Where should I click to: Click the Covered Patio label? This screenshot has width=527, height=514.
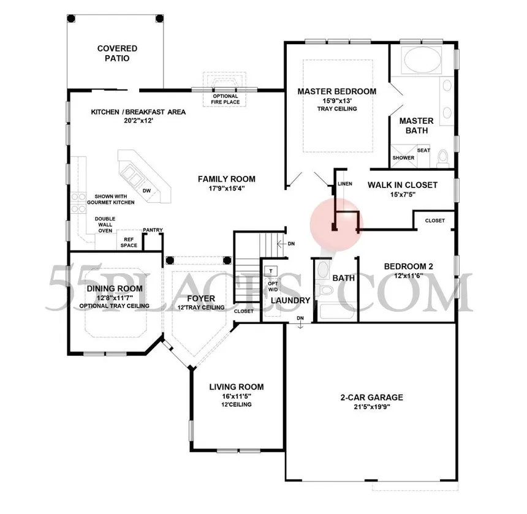pos(117,53)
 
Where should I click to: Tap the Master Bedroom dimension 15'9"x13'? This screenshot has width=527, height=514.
pos(337,100)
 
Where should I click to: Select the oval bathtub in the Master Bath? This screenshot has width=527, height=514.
pos(423,59)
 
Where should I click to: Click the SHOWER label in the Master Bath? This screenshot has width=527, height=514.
pos(403,157)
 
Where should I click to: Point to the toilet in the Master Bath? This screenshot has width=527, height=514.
pos(442,159)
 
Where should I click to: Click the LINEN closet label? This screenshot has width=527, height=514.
pos(345,184)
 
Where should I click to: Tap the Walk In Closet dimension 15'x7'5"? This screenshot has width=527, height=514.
pos(403,194)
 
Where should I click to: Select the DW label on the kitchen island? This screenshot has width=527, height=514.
pos(146,191)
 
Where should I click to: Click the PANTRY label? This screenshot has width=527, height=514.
pos(153,230)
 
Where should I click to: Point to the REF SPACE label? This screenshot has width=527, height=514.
pos(129,242)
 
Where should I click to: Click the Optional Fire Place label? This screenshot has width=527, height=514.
pos(225,99)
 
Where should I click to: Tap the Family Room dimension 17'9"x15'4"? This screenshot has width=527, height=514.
pos(227,189)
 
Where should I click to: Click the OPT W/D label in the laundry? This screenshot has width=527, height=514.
pos(273,287)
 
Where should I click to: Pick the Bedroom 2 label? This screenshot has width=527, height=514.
pos(408,266)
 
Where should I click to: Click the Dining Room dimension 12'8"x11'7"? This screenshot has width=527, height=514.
pos(115,298)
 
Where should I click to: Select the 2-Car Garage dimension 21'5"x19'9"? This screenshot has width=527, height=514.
pos(371,407)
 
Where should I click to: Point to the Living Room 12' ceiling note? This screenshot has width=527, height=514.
pos(237,404)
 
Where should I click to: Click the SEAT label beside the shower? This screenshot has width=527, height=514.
pos(423,150)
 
